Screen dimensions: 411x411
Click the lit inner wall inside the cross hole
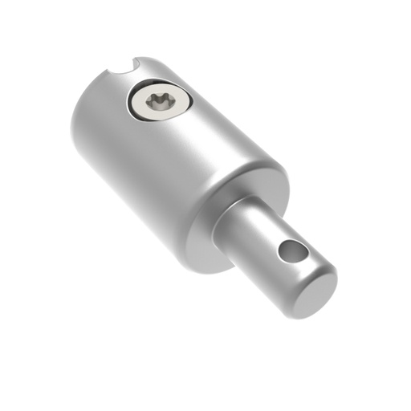[x=294, y=250]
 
